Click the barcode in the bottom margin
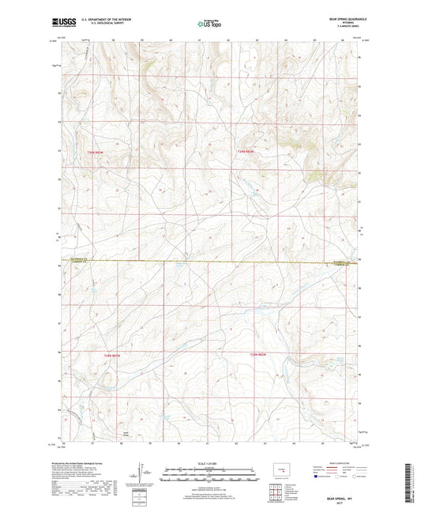[x=410, y=483]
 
